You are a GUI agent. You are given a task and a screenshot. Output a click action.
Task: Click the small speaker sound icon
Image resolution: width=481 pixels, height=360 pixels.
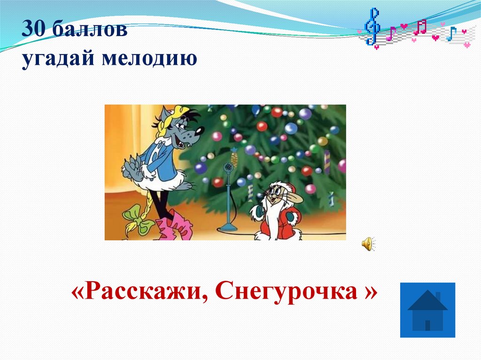click(x=367, y=244)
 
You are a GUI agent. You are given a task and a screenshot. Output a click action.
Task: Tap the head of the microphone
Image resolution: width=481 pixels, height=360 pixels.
click(x=228, y=167)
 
